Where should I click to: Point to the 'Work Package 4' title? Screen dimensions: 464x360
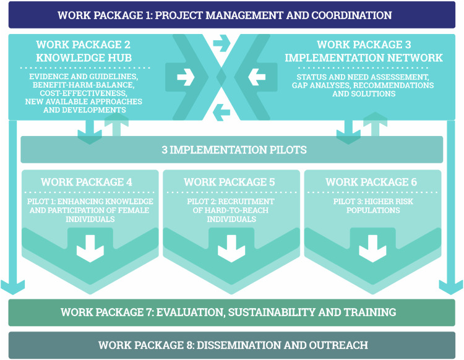[x=87, y=182]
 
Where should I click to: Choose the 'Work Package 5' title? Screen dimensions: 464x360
[x=230, y=182]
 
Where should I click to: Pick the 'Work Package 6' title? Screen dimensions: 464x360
[x=371, y=182]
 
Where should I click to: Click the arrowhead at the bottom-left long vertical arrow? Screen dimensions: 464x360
[x=13, y=286]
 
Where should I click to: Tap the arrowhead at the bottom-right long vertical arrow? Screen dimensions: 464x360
[x=450, y=286]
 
